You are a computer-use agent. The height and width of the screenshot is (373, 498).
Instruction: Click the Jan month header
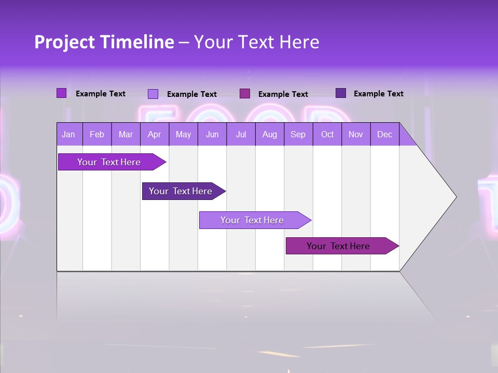68,135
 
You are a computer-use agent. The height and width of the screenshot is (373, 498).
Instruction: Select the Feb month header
97,135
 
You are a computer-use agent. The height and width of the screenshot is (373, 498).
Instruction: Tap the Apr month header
154,135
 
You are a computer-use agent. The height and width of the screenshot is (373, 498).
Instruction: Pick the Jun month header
212,135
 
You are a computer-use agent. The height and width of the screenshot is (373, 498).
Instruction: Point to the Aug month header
269,135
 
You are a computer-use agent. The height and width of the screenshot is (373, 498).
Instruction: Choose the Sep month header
298,135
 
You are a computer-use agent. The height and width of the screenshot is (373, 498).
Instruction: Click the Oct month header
327,135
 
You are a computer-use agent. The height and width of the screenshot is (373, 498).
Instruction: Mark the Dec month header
384,135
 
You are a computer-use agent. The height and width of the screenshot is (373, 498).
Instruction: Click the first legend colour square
61,93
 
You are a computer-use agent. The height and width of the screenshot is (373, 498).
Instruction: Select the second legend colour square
153,94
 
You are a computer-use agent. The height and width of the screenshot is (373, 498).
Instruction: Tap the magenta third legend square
244,93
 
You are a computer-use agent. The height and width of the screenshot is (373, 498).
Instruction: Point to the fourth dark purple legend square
340,93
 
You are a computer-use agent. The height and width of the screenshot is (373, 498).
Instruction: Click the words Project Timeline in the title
104,42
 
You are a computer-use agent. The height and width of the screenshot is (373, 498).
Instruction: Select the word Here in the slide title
299,42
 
